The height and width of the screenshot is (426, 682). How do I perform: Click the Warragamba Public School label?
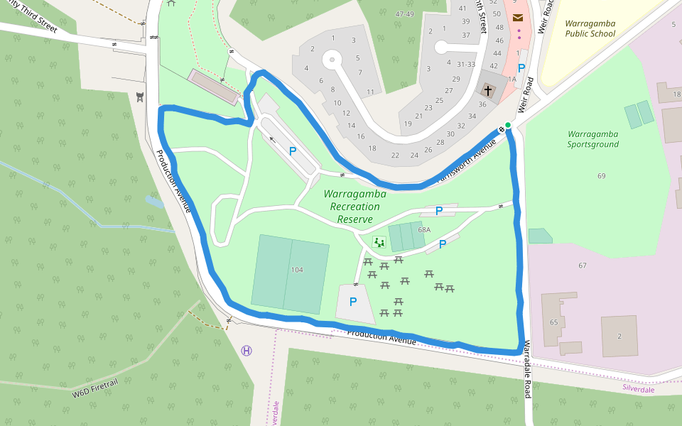point(590,28)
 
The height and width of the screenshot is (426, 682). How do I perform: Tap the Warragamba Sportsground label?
point(592,139)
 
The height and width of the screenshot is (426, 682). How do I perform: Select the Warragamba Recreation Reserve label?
point(354,206)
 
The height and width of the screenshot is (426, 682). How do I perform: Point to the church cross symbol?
point(487,90)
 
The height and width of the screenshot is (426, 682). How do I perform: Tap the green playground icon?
point(379,243)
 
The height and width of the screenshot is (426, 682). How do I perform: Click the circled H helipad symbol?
point(247,351)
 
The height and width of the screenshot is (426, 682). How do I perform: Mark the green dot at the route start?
point(508,125)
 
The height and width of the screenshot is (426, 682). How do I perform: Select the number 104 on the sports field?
point(297,270)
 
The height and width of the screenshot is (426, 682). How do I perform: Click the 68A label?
point(424,230)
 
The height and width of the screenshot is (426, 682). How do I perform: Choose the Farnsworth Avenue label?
point(465,160)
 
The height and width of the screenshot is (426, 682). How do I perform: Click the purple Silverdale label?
point(638,389)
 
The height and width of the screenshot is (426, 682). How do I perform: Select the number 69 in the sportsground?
point(602,175)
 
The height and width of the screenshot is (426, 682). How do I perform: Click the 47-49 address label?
point(404,14)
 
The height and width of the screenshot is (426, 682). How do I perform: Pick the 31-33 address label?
point(466,64)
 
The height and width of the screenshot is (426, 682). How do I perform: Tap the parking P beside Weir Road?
point(521,68)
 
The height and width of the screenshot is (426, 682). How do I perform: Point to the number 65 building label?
point(553,322)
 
